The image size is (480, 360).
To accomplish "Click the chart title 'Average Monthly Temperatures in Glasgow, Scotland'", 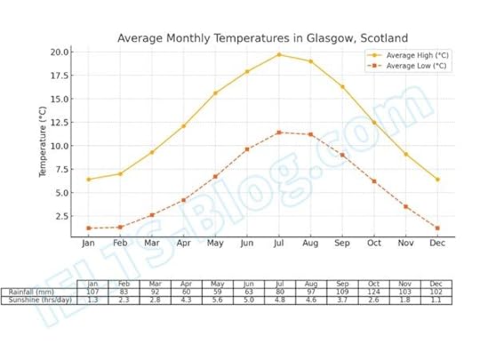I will pyautogui.click(x=262, y=38).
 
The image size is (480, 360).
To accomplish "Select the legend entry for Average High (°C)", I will pyautogui.click(x=415, y=55).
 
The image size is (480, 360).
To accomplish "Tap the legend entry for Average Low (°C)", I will pyautogui.click(x=415, y=66).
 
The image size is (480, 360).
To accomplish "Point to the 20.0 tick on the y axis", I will pyautogui.click(x=59, y=52).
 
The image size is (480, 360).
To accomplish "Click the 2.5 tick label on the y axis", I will pyautogui.click(x=61, y=216).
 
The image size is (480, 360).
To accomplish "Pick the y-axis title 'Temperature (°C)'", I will pyautogui.click(x=42, y=141).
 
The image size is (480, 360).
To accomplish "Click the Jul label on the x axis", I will pyautogui.click(x=278, y=243).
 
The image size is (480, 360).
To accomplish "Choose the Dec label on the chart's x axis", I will pyautogui.click(x=436, y=243).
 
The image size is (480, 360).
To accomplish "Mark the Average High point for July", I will pyautogui.click(x=278, y=54).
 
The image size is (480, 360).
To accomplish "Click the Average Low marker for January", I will pyautogui.click(x=88, y=228).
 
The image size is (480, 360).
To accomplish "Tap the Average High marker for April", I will pyautogui.click(x=183, y=126).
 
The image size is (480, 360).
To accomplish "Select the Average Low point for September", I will pyautogui.click(x=341, y=155).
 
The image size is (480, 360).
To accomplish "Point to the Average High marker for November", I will pyautogui.click(x=405, y=154).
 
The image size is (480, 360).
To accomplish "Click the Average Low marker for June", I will pyautogui.click(x=247, y=149).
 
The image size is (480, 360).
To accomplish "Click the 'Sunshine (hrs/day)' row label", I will pyautogui.click(x=39, y=300).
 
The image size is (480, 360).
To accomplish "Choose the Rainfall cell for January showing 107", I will pyautogui.click(x=92, y=292).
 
